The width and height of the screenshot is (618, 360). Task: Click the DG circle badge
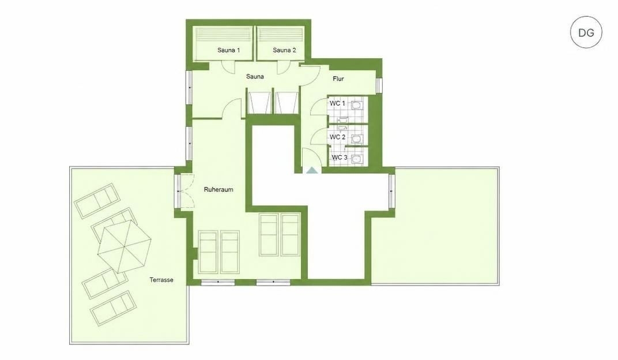586,32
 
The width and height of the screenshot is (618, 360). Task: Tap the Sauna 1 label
229,50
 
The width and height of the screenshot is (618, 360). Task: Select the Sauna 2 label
284,50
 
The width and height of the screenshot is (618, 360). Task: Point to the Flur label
338,79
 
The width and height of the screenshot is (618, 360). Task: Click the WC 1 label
337,103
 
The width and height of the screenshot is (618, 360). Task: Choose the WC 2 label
337,137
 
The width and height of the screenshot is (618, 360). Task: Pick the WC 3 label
340,157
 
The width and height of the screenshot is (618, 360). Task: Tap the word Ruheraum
218,189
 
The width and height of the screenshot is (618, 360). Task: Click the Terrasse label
161,280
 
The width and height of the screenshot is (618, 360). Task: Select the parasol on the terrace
124,246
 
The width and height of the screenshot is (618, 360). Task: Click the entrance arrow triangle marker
312,170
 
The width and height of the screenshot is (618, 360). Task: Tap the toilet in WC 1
357,106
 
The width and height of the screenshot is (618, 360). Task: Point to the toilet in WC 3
357,159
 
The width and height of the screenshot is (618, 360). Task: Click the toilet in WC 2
357,139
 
